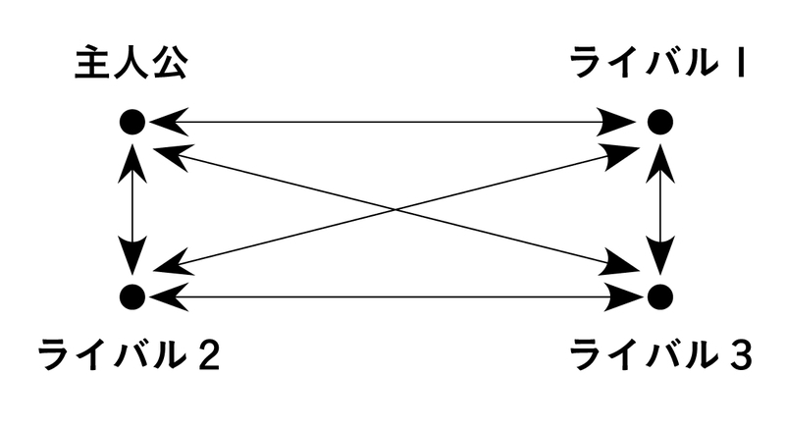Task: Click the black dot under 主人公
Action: [132, 122]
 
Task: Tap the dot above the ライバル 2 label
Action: [132, 295]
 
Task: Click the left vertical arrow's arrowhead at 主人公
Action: [132, 157]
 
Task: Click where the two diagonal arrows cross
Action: [395, 208]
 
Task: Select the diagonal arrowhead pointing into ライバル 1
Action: [625, 149]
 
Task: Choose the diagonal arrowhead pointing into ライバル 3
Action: [625, 264]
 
